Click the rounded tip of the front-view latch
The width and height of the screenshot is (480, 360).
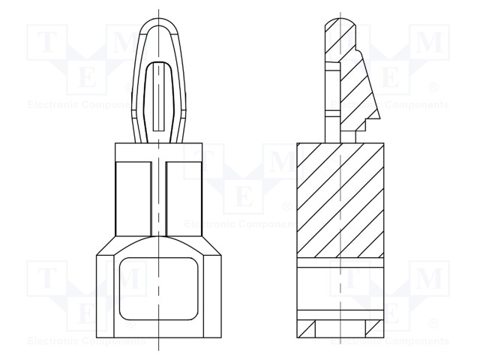159,27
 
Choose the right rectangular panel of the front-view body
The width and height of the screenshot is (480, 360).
184,202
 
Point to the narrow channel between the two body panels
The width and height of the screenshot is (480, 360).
157,201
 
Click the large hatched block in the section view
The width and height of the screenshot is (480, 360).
341,202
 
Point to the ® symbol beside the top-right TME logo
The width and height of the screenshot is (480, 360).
433,88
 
